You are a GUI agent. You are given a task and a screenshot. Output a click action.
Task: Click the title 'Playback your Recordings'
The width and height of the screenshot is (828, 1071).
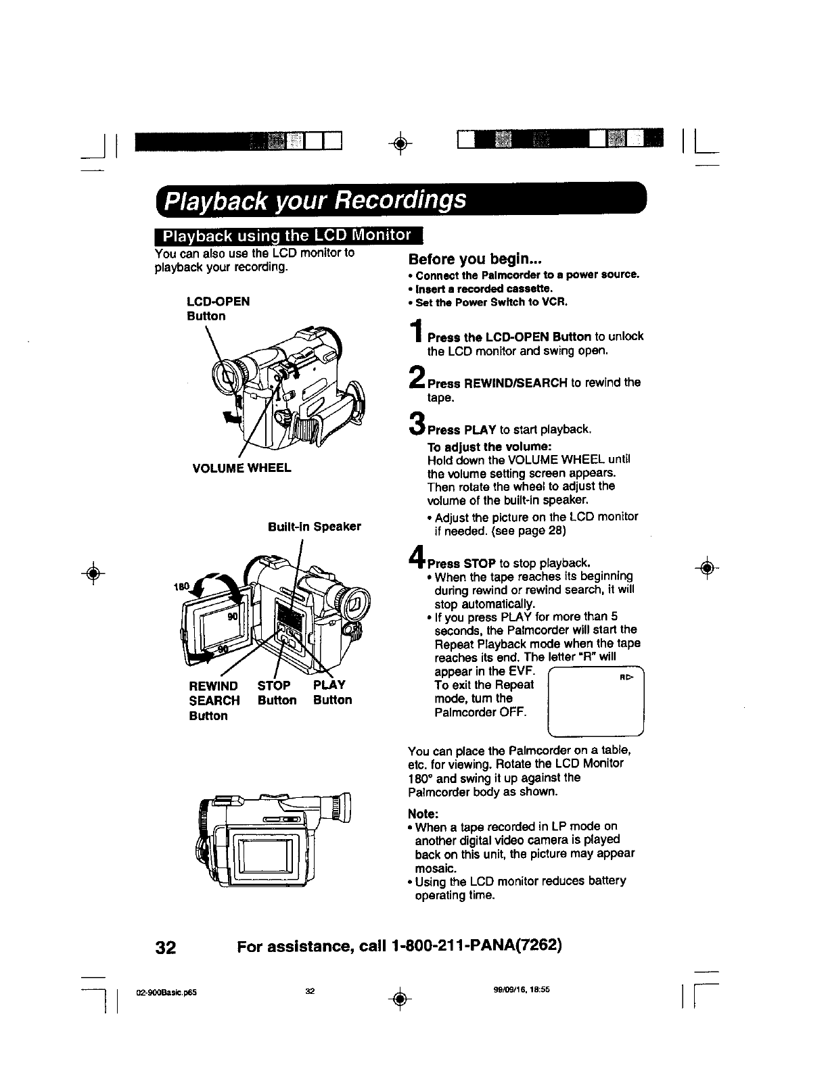[316, 201]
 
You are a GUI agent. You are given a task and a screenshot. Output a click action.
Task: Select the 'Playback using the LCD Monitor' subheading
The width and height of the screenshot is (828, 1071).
[287, 236]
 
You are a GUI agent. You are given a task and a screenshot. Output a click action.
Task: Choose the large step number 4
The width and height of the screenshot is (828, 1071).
[417, 558]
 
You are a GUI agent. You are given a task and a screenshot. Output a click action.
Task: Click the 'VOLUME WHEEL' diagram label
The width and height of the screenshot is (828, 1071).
[233, 467]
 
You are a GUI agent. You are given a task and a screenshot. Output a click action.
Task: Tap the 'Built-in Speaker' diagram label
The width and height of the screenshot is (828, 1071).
[314, 526]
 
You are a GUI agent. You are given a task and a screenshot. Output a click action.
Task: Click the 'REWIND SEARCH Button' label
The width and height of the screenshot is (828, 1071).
[214, 700]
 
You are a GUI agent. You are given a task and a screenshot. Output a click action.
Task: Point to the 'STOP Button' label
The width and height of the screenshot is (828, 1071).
[277, 693]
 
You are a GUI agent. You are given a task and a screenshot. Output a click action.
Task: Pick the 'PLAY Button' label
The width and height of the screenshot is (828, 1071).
[332, 693]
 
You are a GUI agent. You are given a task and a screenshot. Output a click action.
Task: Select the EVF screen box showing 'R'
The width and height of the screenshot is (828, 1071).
[595, 701]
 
